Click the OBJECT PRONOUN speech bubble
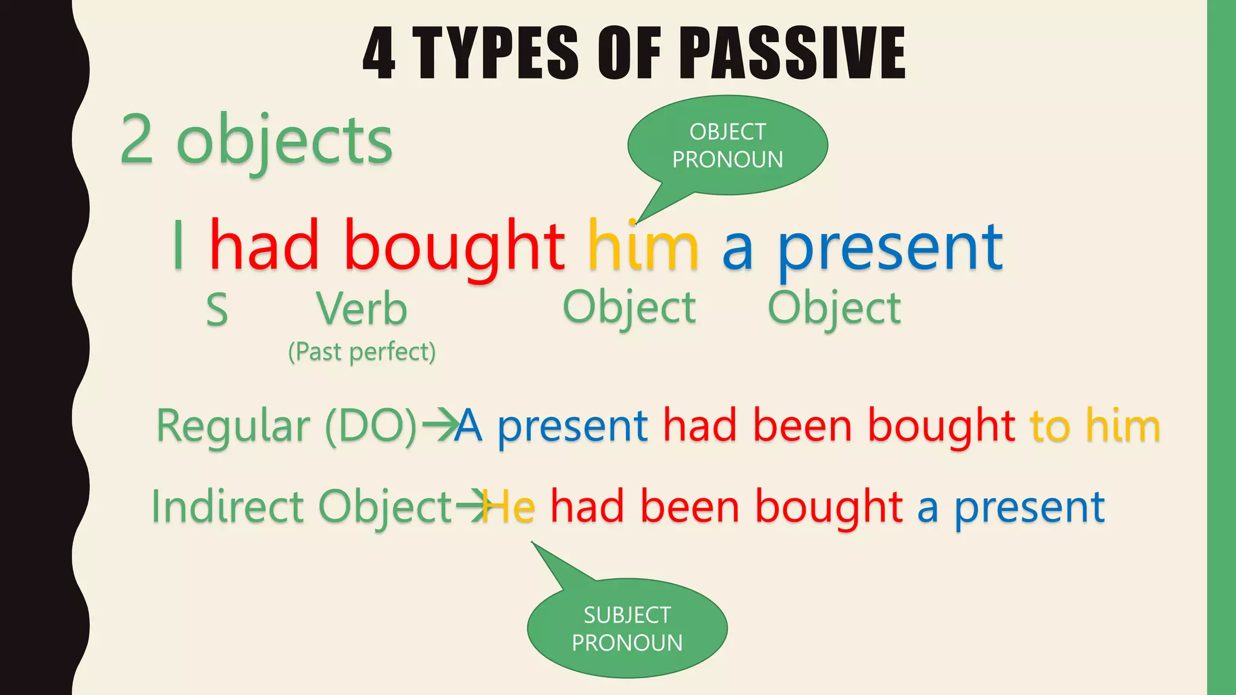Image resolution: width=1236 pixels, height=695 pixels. (727, 145)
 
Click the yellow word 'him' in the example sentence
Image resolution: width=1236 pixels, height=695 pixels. (643, 246)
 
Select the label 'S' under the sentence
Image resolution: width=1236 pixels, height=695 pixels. (217, 310)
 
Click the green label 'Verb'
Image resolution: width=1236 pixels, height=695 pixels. (362, 309)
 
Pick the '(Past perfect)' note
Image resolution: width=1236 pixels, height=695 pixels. (362, 352)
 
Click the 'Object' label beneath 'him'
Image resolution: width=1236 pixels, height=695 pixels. (629, 308)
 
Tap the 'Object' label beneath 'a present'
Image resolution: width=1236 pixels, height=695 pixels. (834, 308)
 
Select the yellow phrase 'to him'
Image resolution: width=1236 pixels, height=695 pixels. (1095, 425)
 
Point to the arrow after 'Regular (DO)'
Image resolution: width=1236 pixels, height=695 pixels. (440, 425)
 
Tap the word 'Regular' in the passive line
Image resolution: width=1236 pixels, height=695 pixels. (233, 426)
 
